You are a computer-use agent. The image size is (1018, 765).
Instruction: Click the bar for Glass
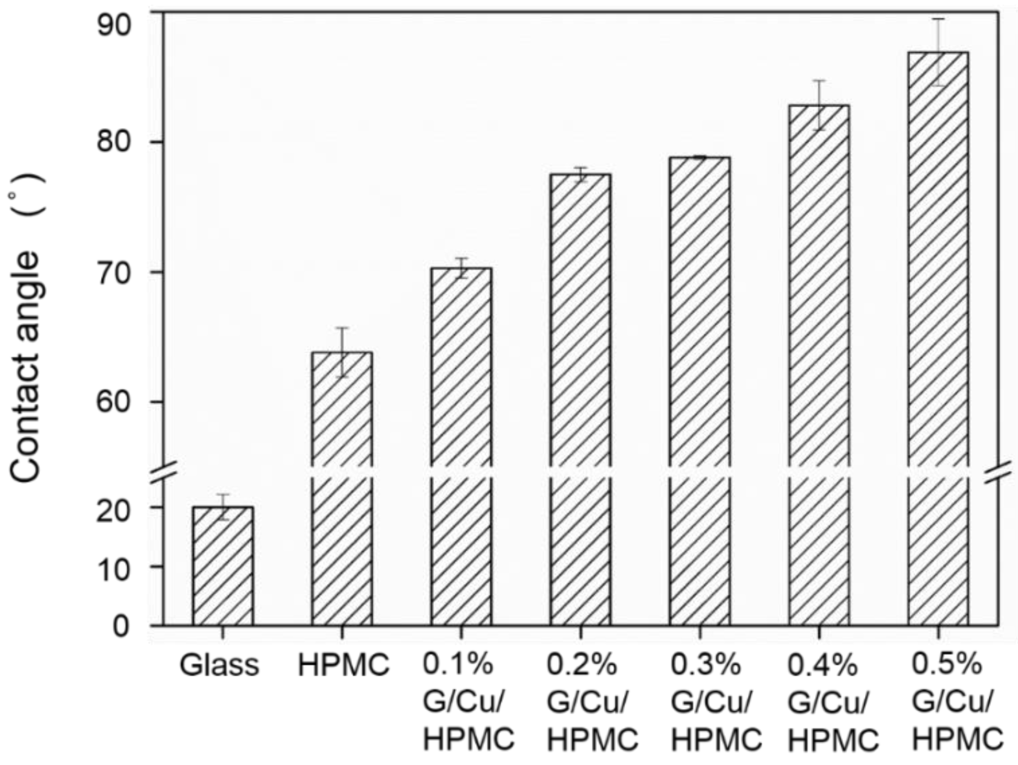pos(223,566)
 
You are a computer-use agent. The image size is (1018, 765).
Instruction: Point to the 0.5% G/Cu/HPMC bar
pos(938,345)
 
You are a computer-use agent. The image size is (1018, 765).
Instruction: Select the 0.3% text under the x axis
pos(705,665)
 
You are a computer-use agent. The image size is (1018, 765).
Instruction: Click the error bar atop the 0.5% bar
pos(938,52)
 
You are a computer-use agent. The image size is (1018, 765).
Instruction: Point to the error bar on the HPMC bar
pos(342,351)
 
